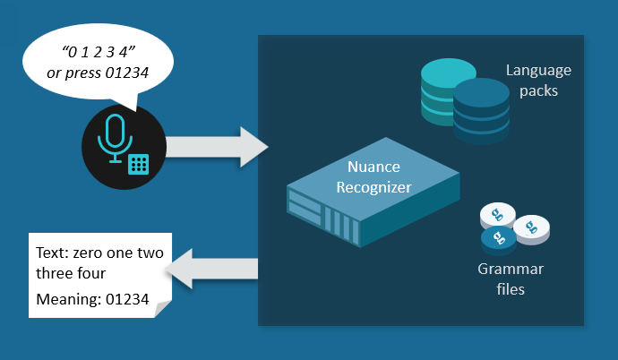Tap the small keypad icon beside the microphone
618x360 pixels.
coord(138,164)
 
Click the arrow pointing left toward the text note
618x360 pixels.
coord(215,268)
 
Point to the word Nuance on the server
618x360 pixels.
coord(373,167)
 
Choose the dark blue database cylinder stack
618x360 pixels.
coord(480,110)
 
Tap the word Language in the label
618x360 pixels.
coord(537,70)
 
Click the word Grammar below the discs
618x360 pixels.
coord(511,270)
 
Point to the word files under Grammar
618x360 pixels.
coord(511,289)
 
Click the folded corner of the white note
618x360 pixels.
coord(162,310)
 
